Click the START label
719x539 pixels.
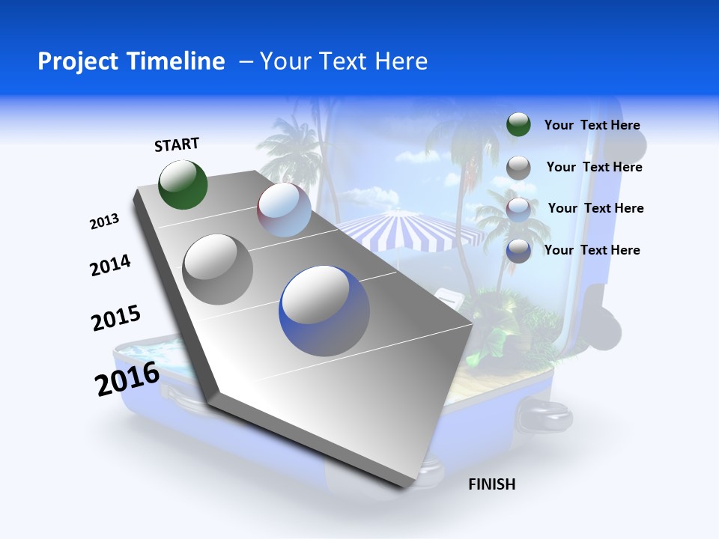[177, 144]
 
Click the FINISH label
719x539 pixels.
[491, 484]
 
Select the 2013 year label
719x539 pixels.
[104, 222]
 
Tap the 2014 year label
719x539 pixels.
[110, 266]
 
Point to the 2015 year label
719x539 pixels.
[116, 318]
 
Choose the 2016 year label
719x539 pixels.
[127, 379]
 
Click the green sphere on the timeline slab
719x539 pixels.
[183, 184]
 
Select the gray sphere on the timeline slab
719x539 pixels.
[218, 269]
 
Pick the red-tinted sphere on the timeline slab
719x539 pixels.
[284, 210]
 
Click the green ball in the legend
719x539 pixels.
[518, 125]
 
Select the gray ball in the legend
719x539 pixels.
[518, 168]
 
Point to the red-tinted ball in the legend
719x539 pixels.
[518, 209]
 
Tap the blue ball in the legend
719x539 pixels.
[518, 251]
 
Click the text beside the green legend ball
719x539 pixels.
[592, 125]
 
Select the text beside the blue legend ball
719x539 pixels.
[592, 250]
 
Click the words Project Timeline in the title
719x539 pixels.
[131, 61]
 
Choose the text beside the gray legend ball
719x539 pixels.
[594, 167]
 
